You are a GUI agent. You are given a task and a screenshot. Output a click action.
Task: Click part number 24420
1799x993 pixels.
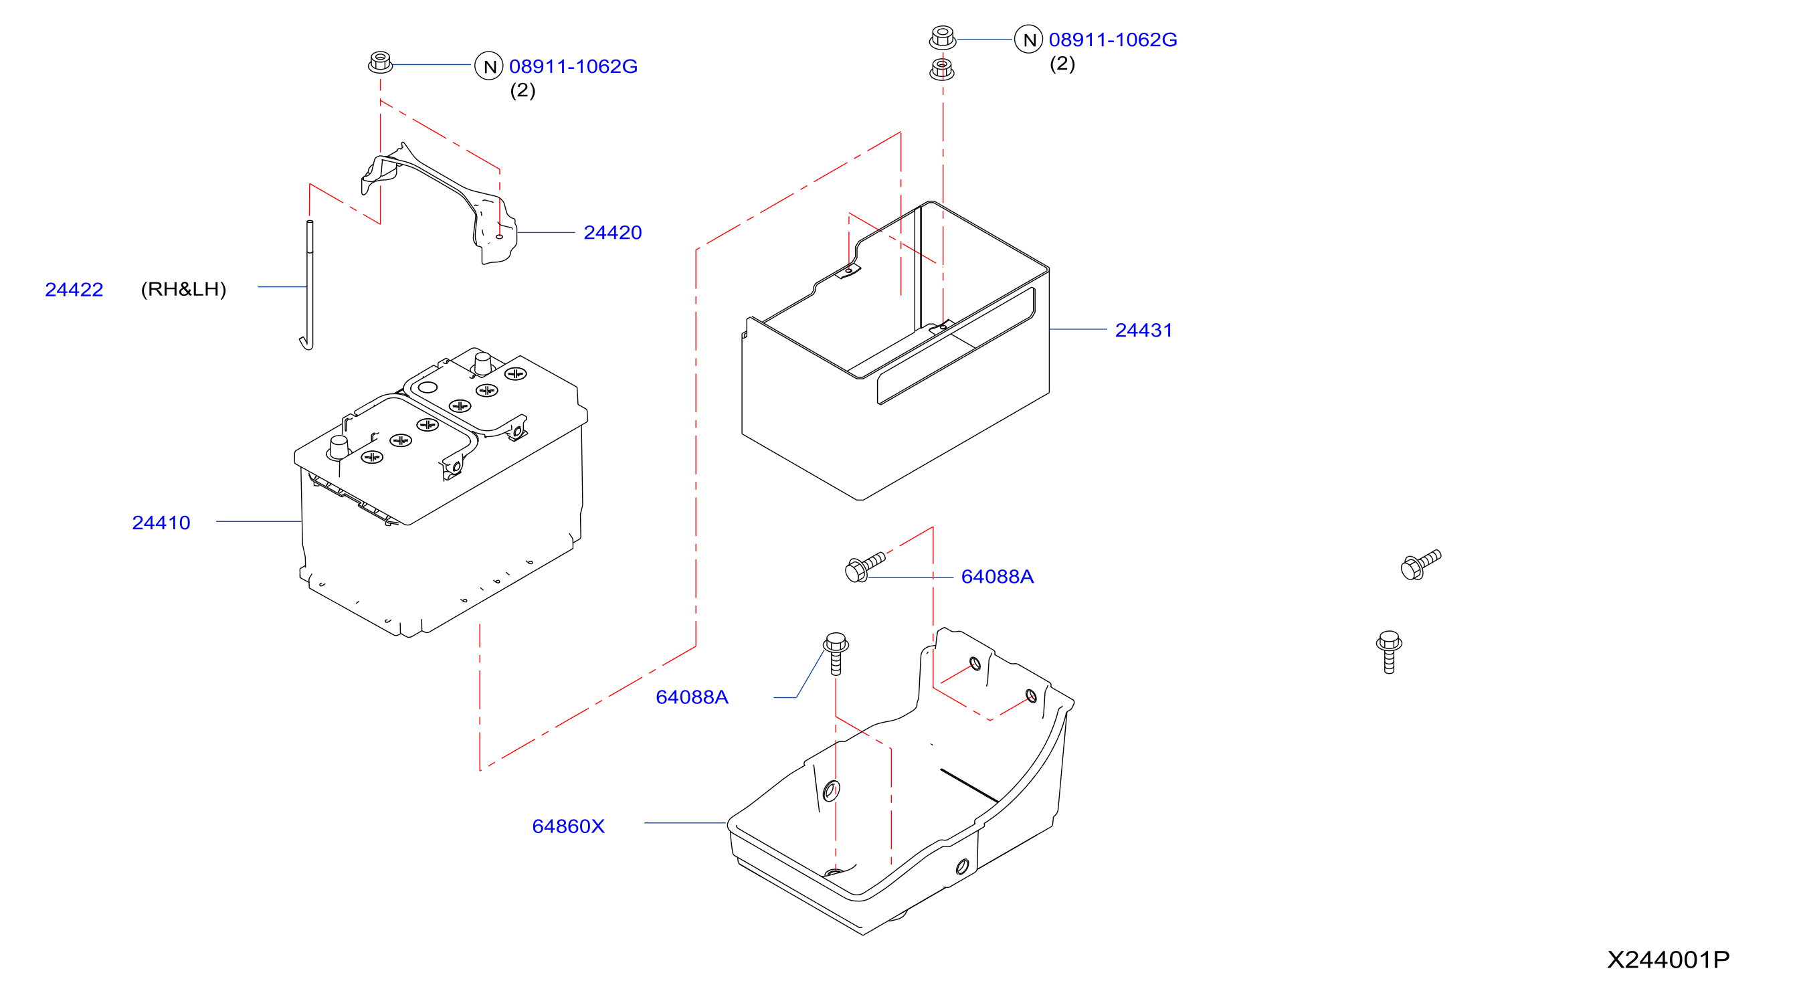612,233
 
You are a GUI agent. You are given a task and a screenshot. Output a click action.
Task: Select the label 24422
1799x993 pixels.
74,290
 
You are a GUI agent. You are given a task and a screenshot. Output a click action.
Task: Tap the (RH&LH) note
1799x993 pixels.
184,289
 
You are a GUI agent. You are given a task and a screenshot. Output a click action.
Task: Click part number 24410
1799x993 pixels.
161,523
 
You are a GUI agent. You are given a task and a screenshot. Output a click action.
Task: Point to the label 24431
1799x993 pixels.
1144,331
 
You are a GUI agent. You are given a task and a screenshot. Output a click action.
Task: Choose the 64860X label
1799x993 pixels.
569,827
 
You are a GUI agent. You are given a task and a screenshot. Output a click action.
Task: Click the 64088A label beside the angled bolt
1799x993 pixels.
998,577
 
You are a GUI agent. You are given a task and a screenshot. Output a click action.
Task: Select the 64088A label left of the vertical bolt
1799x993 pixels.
692,698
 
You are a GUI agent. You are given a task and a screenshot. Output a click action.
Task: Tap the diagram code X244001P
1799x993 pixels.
1669,960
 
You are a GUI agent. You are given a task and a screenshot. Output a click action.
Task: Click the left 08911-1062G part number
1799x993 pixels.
573,66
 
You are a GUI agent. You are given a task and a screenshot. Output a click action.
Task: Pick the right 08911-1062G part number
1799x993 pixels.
1113,39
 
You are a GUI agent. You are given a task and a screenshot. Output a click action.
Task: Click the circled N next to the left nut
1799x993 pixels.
489,66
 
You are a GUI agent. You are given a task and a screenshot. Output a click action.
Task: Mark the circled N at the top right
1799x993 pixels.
1029,39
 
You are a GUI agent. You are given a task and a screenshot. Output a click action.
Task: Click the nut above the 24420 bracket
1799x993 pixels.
380,62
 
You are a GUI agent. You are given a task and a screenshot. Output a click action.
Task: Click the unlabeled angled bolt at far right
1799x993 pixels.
1420,565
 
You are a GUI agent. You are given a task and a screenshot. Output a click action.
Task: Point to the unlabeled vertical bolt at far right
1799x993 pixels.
1389,652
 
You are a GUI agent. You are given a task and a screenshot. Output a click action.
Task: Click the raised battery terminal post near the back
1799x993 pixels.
482,364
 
